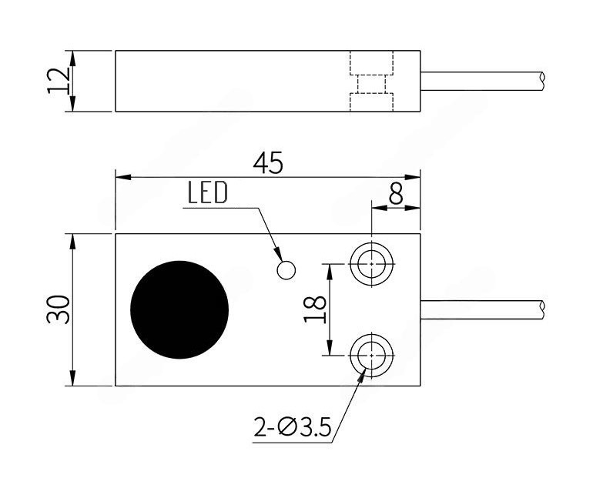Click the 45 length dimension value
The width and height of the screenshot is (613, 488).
[x=268, y=163]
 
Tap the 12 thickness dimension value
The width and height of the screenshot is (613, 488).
[x=59, y=81]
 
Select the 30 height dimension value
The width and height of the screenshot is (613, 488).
[x=59, y=309]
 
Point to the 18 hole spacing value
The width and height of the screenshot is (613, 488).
[x=315, y=309]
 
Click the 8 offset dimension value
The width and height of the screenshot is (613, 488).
[x=396, y=194]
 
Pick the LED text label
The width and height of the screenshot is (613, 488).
[x=208, y=192]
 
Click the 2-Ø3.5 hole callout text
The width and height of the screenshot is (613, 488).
[x=292, y=427]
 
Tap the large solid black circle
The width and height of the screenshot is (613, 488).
[x=179, y=309]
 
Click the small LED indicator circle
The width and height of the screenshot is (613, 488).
[x=286, y=270]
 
